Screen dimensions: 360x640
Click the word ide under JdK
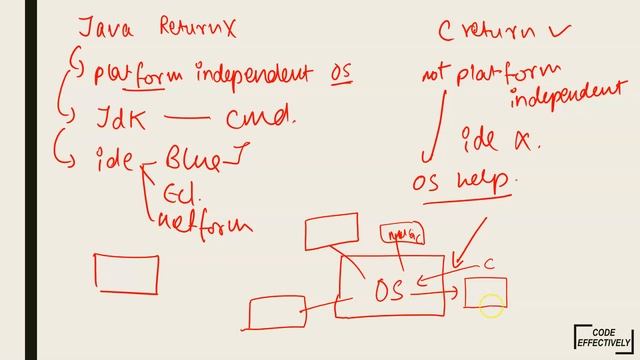click(x=114, y=157)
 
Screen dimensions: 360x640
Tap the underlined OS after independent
click(x=341, y=73)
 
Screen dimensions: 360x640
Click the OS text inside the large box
click(x=389, y=290)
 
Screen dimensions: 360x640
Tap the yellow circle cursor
click(x=491, y=307)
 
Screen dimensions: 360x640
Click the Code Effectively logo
click(x=603, y=338)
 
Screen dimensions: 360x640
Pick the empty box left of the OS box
click(x=277, y=311)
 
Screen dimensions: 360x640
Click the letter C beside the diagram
click(x=490, y=264)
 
